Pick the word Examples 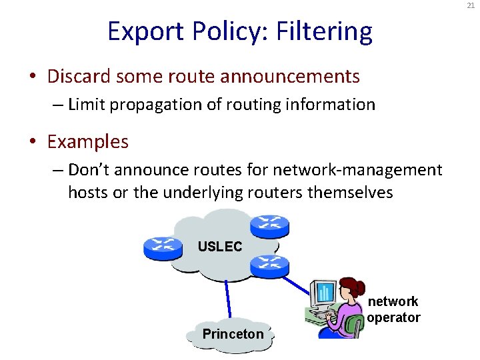pos(88,141)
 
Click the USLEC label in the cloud pos(219,247)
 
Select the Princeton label pos(233,334)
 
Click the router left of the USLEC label pos(163,248)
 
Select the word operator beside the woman pos(394,317)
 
